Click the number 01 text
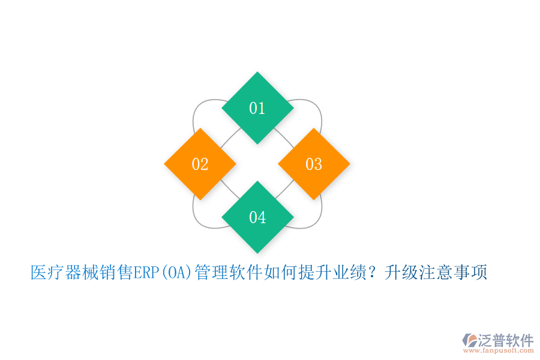pyautogui.click(x=257, y=108)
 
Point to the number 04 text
pyautogui.click(x=257, y=217)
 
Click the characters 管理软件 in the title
pyautogui.click(x=227, y=273)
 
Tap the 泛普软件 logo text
pyautogui.click(x=506, y=340)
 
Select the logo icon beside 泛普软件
pyautogui.click(x=469, y=340)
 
